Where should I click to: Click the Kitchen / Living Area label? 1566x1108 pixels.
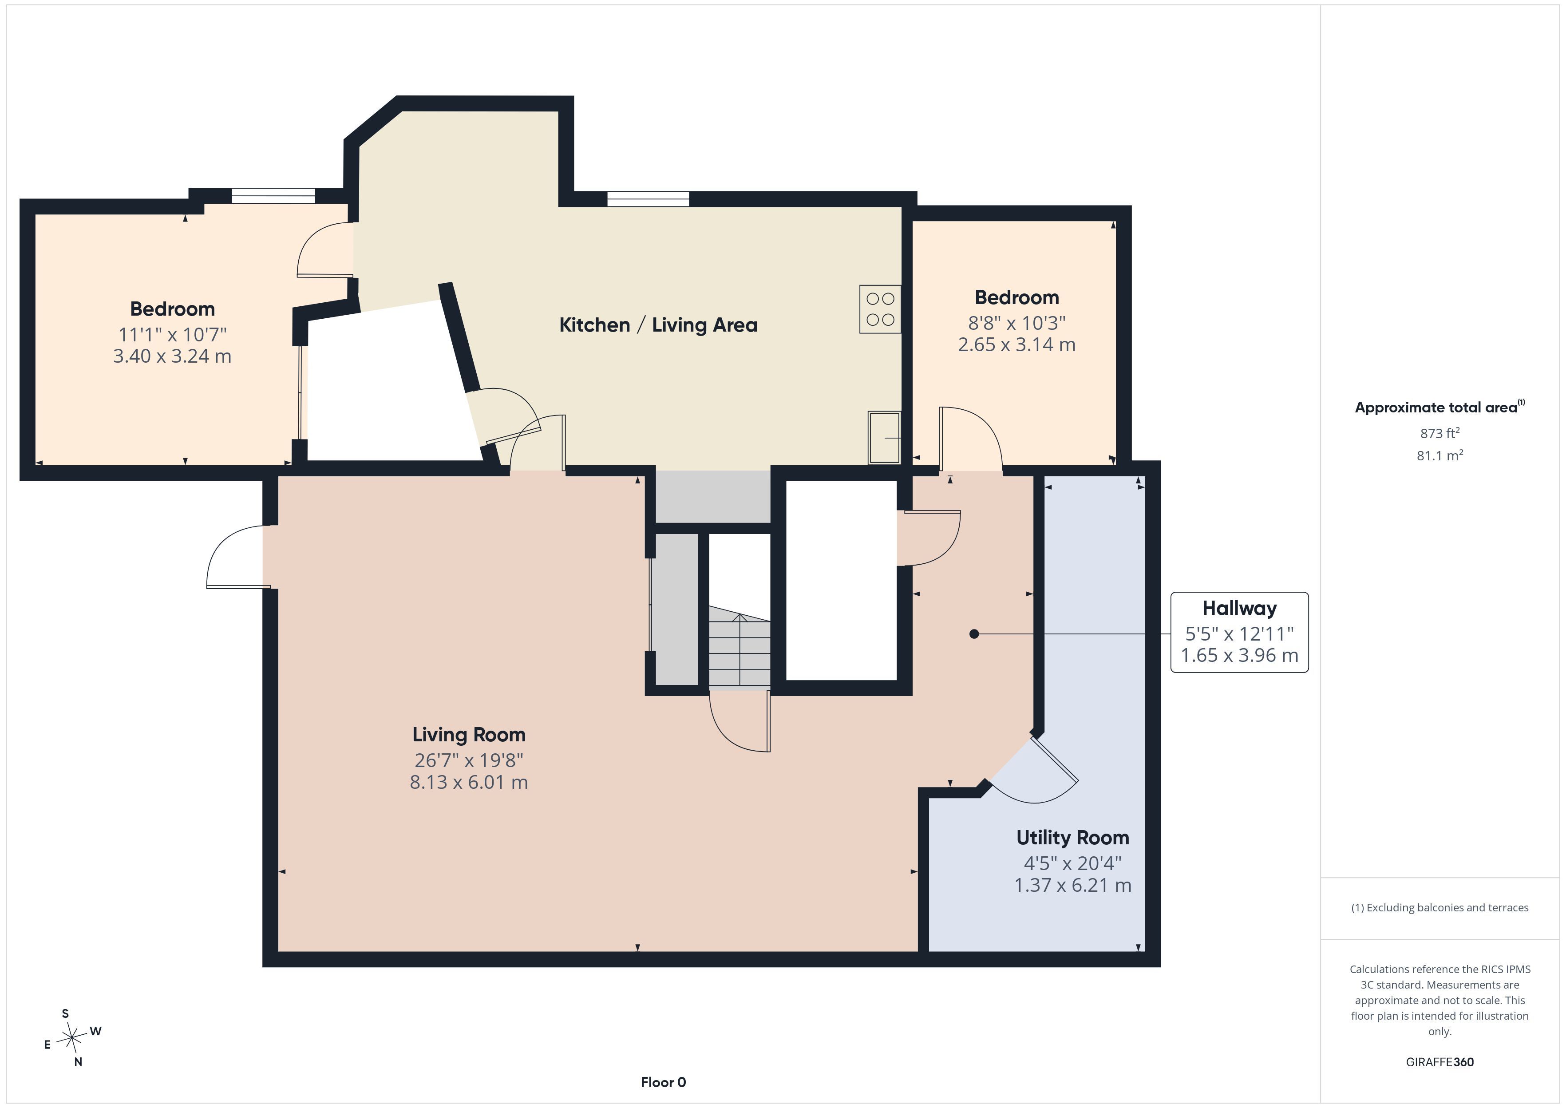pyautogui.click(x=658, y=325)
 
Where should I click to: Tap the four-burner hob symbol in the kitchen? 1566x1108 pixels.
pyautogui.click(x=880, y=309)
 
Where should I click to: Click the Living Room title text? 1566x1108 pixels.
pyautogui.click(x=469, y=735)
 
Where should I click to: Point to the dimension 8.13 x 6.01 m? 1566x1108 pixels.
pyautogui.click(x=469, y=782)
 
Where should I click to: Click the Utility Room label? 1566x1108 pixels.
pyautogui.click(x=1073, y=838)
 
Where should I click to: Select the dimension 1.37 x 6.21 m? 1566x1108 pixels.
pyautogui.click(x=1073, y=885)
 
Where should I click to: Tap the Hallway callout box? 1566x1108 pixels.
pyautogui.click(x=1239, y=633)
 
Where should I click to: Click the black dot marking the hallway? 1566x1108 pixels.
pyautogui.click(x=974, y=634)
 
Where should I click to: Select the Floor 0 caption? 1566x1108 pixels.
pyautogui.click(x=663, y=1082)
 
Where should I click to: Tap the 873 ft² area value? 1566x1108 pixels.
pyautogui.click(x=1440, y=432)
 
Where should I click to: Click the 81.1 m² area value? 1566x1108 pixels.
pyautogui.click(x=1440, y=455)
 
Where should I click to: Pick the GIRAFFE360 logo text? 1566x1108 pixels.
pyautogui.click(x=1440, y=1061)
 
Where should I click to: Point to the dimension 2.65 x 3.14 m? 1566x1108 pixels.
pyautogui.click(x=1016, y=344)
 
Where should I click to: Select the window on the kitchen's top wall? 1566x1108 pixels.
pyautogui.click(x=648, y=198)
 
